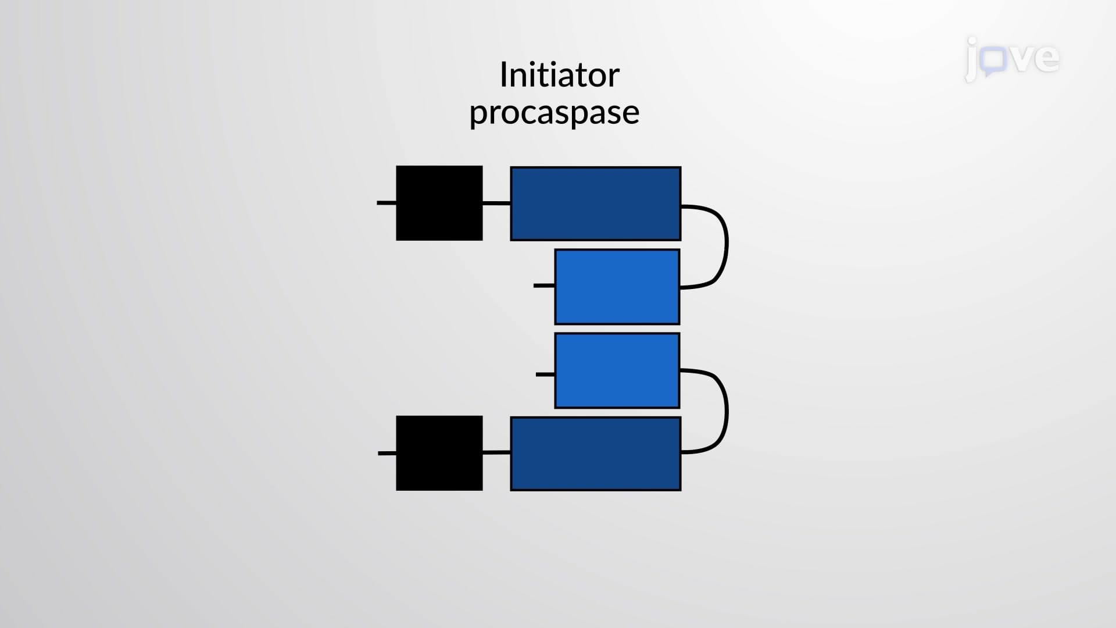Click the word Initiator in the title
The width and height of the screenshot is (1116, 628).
(x=559, y=75)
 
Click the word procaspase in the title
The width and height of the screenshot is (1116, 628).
(x=555, y=113)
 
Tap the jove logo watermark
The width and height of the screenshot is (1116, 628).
(x=1012, y=59)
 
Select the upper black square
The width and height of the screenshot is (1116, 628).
(x=439, y=203)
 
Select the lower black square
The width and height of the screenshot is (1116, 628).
(x=439, y=453)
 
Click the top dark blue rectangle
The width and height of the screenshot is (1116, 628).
(x=596, y=204)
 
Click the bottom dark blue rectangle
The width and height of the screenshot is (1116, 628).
(x=596, y=454)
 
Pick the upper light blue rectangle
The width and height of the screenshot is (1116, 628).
(x=617, y=287)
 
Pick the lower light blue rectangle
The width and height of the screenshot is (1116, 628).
(x=617, y=370)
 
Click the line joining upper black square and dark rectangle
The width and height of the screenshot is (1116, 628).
(x=496, y=203)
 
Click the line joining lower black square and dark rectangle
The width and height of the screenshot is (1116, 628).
(x=496, y=452)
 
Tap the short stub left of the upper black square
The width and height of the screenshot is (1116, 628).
(x=387, y=203)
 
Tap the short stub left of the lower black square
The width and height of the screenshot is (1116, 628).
(x=387, y=453)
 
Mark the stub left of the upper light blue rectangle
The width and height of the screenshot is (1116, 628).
(x=544, y=286)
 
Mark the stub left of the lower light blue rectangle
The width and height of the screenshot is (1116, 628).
(x=545, y=374)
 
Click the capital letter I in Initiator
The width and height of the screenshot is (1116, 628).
(x=503, y=75)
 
